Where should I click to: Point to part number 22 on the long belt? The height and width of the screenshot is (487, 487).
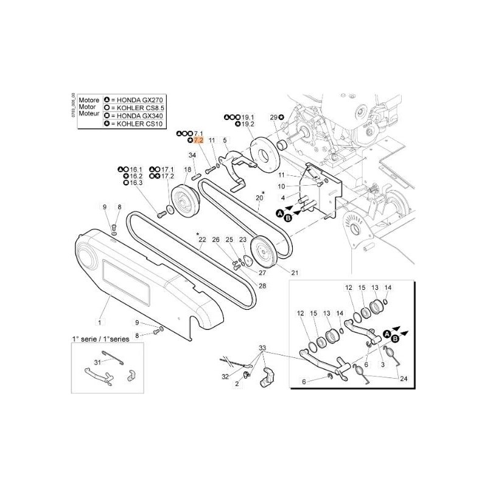[x=202, y=240]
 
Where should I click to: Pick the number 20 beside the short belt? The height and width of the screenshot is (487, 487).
[x=259, y=198]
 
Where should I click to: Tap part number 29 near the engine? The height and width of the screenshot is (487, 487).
[x=273, y=116]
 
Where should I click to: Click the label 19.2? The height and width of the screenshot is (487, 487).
[x=247, y=124]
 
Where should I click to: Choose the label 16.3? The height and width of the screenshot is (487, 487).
[x=136, y=183]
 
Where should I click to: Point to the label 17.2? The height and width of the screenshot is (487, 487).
[x=167, y=176]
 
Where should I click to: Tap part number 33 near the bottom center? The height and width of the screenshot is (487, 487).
[x=262, y=348]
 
